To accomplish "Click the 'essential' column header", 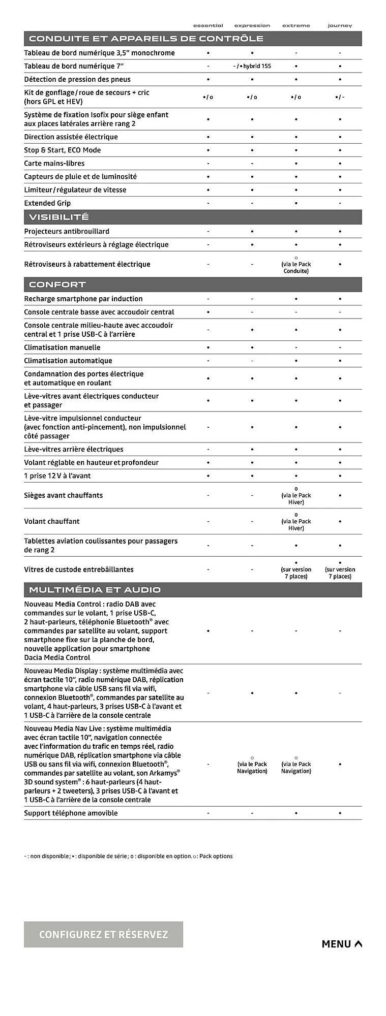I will pyautogui.click(x=208, y=25).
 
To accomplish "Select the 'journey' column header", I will pyautogui.click(x=340, y=25).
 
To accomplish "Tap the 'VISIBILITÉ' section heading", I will pyautogui.click(x=59, y=217).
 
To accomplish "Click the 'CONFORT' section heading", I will pyautogui.click(x=57, y=284).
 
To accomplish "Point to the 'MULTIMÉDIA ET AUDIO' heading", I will pyautogui.click(x=95, y=590).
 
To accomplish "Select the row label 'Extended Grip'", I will pyautogui.click(x=47, y=203).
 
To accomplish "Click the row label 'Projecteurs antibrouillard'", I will pyautogui.click(x=67, y=231).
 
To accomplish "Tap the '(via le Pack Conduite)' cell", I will pyautogui.click(x=296, y=267).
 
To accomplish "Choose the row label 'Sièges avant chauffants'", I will pyautogui.click(x=64, y=495).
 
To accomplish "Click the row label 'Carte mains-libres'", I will pyautogui.click(x=54, y=163).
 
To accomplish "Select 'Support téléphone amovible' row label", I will pyautogui.click(x=71, y=813).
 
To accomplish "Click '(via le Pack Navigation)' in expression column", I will pyautogui.click(x=252, y=767).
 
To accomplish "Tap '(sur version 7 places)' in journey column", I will pyautogui.click(x=340, y=573).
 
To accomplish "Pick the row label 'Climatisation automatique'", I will pyautogui.click(x=68, y=361).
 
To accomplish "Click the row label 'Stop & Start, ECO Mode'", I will pyautogui.click(x=63, y=150).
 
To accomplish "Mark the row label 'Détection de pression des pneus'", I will pyautogui.click(x=77, y=79).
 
